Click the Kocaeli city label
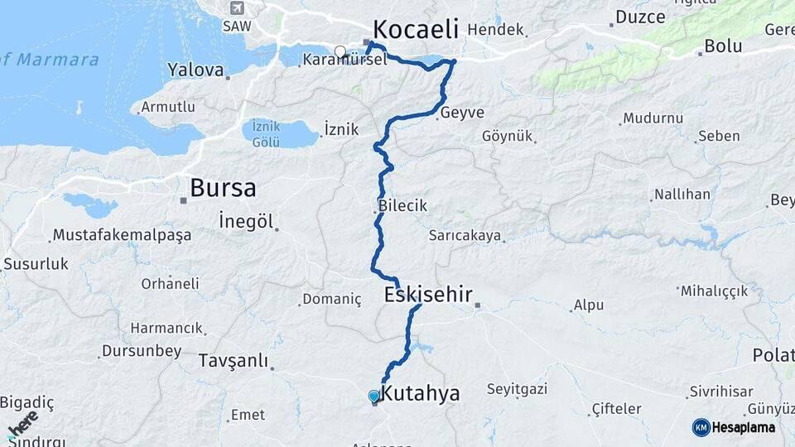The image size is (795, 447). pyautogui.click(x=415, y=30)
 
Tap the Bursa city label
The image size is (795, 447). pyautogui.click(x=223, y=188)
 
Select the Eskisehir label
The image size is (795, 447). pyautogui.click(x=428, y=294)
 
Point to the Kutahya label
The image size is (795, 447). pyautogui.click(x=422, y=394)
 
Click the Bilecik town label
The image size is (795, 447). pyautogui.click(x=402, y=205)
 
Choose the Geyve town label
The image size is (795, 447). pyautogui.click(x=462, y=113)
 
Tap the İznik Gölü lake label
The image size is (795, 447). pyautogui.click(x=266, y=134)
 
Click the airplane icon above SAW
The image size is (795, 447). pyautogui.click(x=238, y=8)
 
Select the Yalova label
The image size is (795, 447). pyautogui.click(x=195, y=70)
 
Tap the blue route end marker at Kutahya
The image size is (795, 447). pyautogui.click(x=373, y=397)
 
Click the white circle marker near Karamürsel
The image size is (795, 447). pyautogui.click(x=340, y=51)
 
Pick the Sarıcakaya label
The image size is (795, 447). pyautogui.click(x=465, y=236)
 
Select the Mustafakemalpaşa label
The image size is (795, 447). pyautogui.click(x=122, y=235)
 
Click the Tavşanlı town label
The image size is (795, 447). pyautogui.click(x=234, y=361)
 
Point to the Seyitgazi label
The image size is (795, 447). pyautogui.click(x=518, y=389)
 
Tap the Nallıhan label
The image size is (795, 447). pyautogui.click(x=682, y=195)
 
